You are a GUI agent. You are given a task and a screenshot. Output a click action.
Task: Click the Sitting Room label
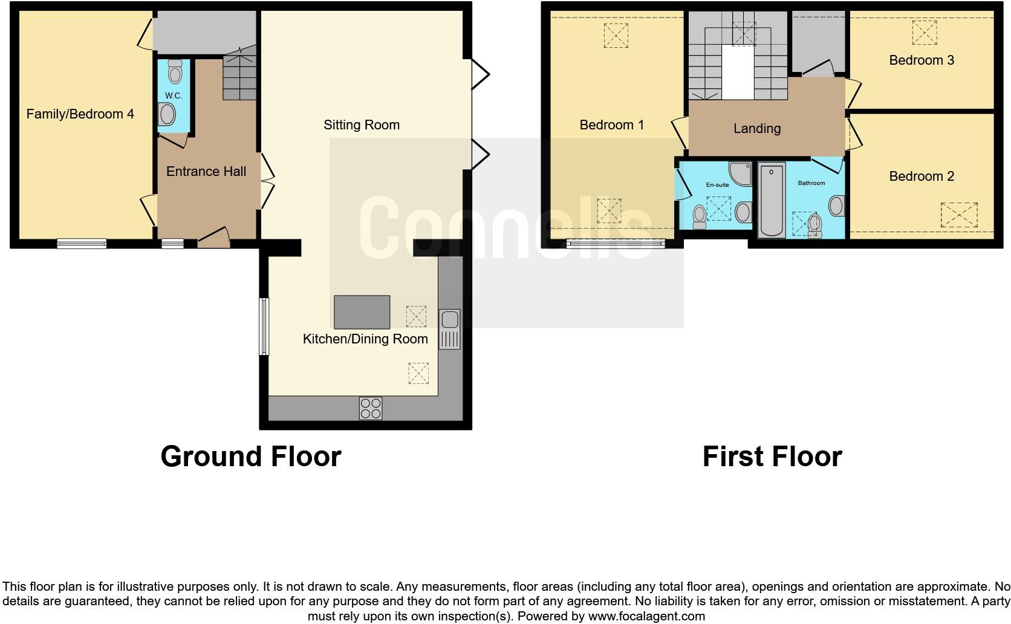click(361, 125)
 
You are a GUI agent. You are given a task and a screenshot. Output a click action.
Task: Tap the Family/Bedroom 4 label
click(80, 114)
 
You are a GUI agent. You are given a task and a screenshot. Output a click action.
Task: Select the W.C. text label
click(174, 96)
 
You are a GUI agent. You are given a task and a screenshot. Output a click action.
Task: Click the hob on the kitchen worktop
click(371, 408)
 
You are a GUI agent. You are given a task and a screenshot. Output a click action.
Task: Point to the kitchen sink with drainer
click(449, 329)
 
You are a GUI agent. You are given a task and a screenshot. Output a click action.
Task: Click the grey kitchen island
click(362, 311)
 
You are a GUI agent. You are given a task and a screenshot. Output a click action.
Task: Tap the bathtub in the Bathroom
click(771, 200)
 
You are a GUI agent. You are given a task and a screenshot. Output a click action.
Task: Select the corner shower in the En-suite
click(740, 173)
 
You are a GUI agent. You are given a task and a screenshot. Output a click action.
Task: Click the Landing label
click(757, 129)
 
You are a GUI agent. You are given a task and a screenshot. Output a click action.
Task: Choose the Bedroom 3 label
click(921, 60)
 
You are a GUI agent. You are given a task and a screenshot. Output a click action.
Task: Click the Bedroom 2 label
click(921, 177)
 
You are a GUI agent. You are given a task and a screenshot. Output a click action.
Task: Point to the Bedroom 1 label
click(611, 125)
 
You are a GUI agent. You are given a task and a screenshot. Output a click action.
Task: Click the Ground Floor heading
click(251, 457)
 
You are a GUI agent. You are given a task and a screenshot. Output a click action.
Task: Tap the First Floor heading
click(772, 457)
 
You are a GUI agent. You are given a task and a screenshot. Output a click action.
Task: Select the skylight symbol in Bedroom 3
click(923, 32)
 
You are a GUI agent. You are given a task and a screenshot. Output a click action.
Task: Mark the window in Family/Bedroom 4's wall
click(82, 244)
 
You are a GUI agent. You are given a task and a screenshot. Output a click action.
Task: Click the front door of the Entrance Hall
click(213, 238)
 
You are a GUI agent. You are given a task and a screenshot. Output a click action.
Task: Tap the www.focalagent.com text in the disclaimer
click(646, 616)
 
